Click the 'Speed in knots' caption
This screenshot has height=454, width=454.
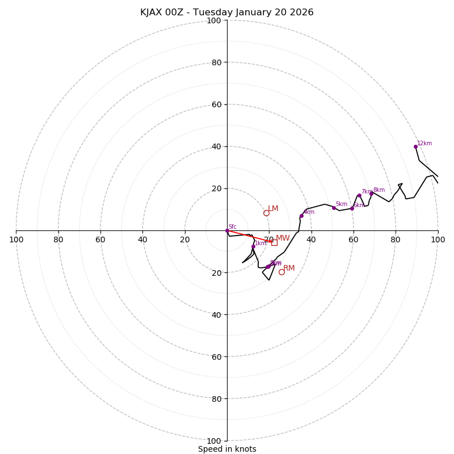click(x=227, y=449)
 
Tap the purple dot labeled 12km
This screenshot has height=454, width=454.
click(x=415, y=146)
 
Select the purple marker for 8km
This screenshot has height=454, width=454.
click(x=372, y=194)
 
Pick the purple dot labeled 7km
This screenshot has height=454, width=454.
click(x=359, y=196)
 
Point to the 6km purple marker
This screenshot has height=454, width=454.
click(x=352, y=208)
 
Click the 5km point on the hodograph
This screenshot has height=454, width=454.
click(x=334, y=208)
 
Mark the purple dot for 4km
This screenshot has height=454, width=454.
click(x=301, y=216)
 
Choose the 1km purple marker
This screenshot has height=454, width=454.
click(x=253, y=246)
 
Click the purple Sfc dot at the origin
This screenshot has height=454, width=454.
click(x=227, y=230)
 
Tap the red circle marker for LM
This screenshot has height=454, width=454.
click(x=266, y=213)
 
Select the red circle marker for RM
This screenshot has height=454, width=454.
click(x=281, y=272)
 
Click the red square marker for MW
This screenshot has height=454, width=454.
click(x=274, y=242)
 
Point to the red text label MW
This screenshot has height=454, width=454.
click(x=283, y=238)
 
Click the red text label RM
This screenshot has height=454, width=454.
click(x=289, y=268)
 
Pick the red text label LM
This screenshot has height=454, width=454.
click(x=273, y=209)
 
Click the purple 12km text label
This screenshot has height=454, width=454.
click(x=424, y=144)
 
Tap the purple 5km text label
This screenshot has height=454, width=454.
click(x=341, y=204)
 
